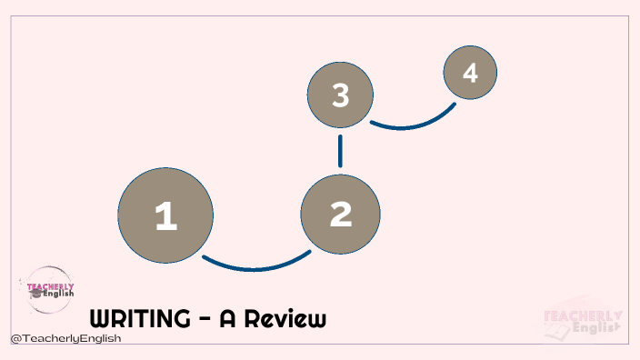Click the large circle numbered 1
pos(165,215)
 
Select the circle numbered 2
pos(340,214)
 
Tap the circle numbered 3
pos(340,95)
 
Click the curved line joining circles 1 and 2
pos(255,266)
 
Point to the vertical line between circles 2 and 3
pos(340,151)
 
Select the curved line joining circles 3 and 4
pos(414,122)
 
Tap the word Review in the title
pos(285,319)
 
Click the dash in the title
pos(206,321)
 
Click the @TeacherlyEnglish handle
pos(65,338)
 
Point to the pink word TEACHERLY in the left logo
pos(46,285)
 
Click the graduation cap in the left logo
pos(35,294)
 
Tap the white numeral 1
pos(165,216)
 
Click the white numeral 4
pos(470,72)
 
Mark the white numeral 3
pos(340,95)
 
